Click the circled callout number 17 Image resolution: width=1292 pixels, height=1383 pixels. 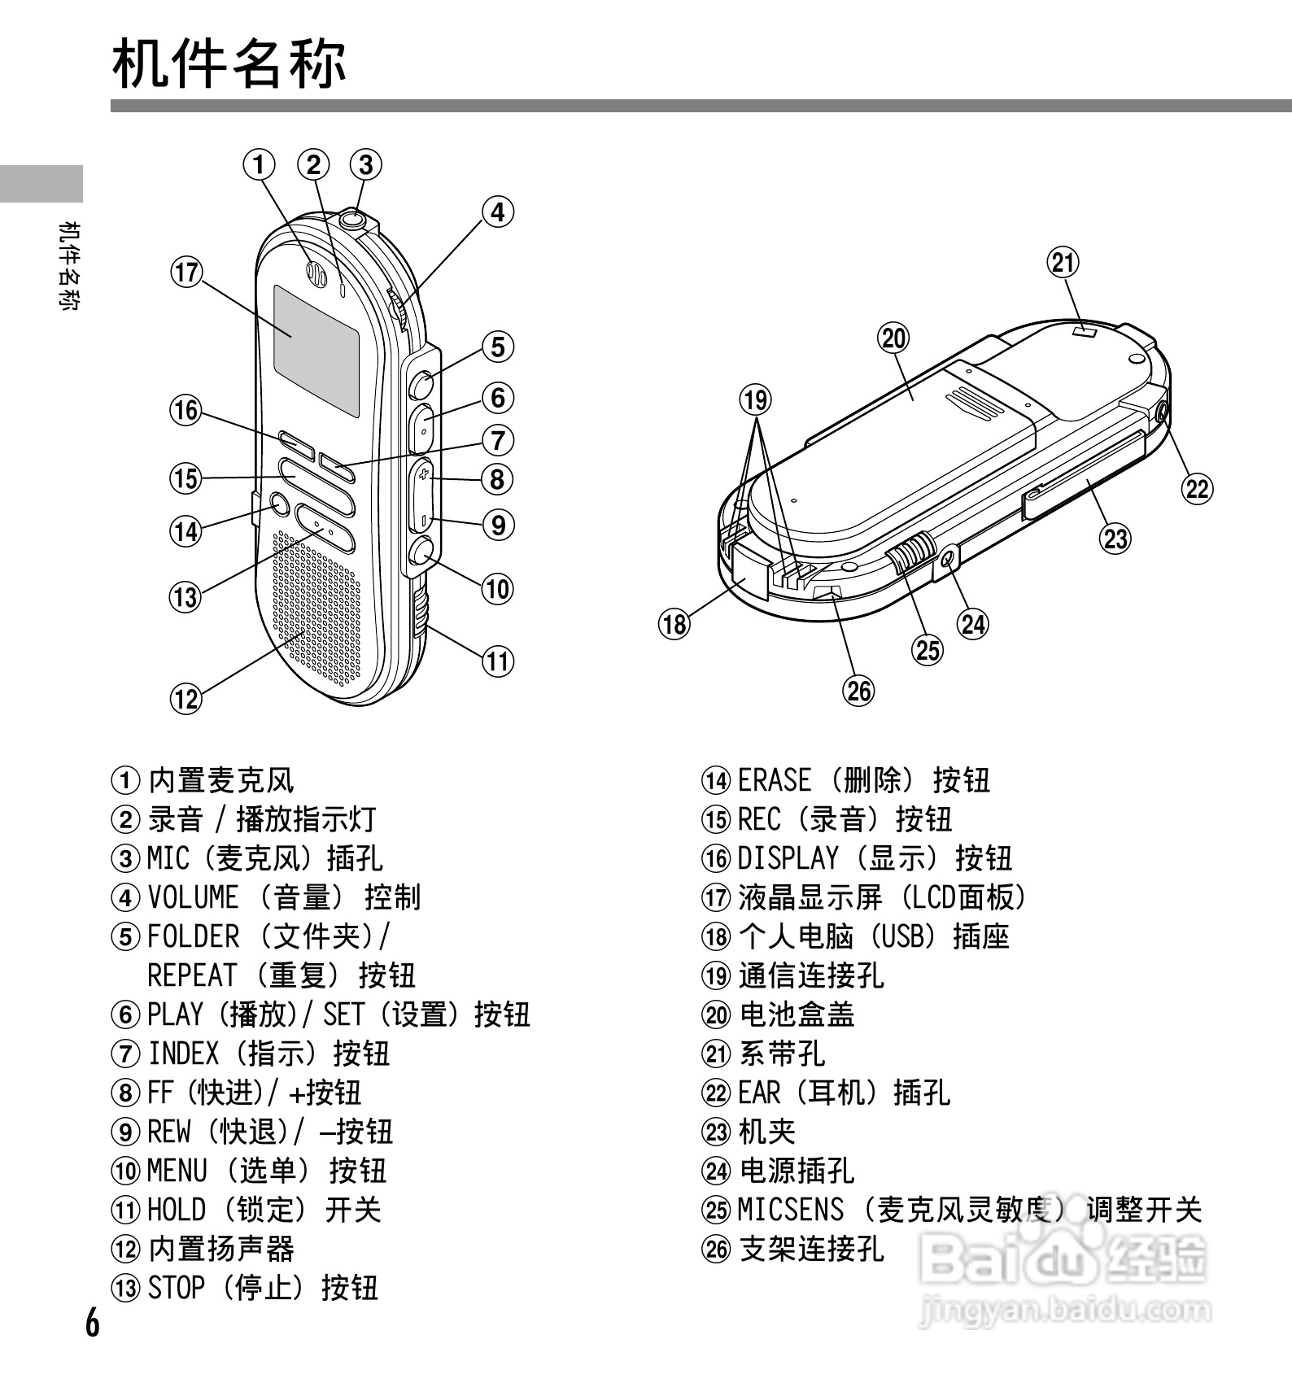point(186,271)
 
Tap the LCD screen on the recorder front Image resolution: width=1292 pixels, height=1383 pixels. point(316,351)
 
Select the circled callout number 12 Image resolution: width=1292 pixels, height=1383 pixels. point(186,698)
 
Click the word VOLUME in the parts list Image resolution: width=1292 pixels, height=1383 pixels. point(193,897)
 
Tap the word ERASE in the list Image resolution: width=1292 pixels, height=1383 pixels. point(774,780)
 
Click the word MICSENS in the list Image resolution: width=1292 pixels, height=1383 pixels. point(790,1210)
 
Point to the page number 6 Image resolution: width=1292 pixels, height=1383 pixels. point(93,1323)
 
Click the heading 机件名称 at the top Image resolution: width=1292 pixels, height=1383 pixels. point(229,63)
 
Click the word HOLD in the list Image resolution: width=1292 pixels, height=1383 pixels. point(176,1210)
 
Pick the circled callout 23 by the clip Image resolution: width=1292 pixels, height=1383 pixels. point(1115,538)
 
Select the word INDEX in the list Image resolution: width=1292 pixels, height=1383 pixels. point(183,1054)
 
